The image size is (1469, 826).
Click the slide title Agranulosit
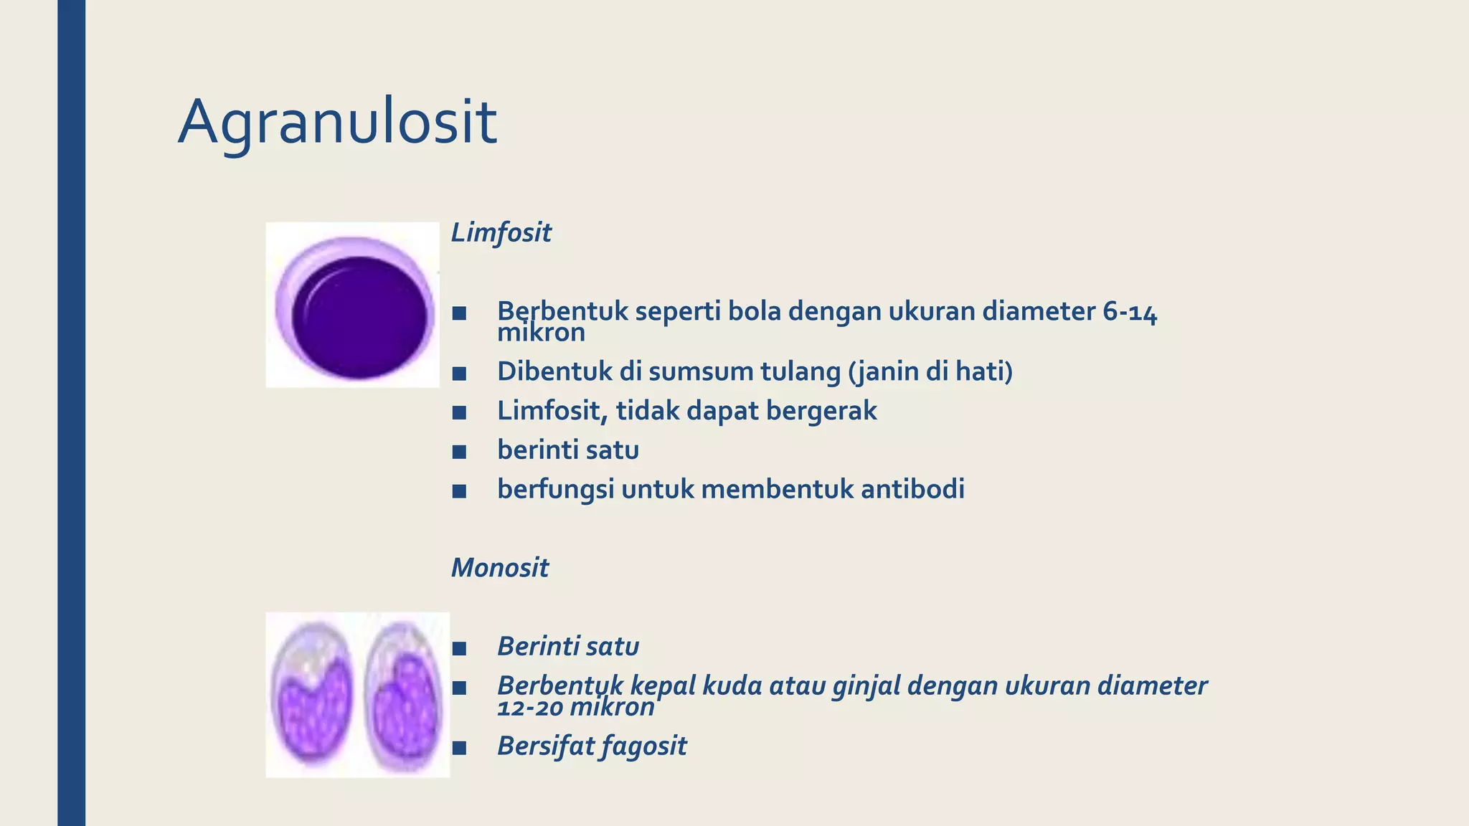click(x=337, y=122)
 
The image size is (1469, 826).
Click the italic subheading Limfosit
click(x=501, y=232)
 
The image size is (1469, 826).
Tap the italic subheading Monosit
click(x=499, y=567)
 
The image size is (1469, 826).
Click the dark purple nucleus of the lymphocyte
click(x=359, y=317)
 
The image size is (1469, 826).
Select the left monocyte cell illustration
click(x=313, y=694)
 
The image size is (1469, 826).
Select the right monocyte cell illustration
click(x=403, y=694)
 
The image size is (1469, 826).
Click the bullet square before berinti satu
click(x=460, y=452)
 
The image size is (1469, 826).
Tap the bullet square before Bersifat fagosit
click(x=460, y=748)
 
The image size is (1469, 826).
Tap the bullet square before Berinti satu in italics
click(x=460, y=648)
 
